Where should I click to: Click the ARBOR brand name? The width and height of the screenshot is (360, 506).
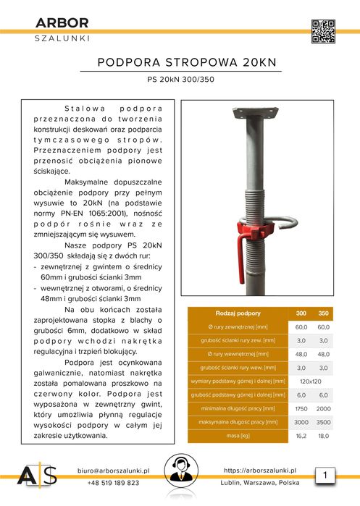point(62,24)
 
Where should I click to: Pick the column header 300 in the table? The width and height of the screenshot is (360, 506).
point(301,313)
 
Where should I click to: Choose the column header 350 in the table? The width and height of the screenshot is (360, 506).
point(324,313)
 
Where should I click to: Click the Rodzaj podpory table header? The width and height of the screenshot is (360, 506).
point(238,313)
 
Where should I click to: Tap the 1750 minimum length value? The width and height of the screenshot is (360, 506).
point(301,408)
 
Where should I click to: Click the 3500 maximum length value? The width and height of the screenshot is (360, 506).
point(324,422)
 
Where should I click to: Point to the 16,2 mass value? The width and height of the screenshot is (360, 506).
point(301,437)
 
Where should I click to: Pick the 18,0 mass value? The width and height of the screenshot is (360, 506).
point(324,437)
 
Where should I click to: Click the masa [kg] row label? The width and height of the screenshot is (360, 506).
point(238,437)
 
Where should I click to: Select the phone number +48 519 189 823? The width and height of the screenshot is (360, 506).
point(113,483)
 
